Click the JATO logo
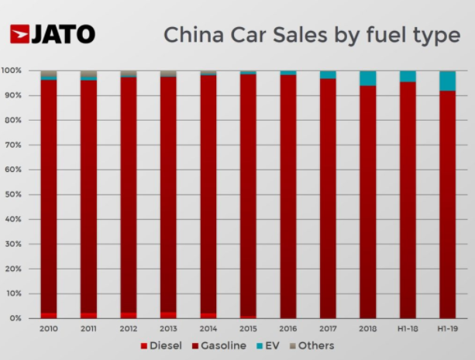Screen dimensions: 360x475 (x=53, y=34)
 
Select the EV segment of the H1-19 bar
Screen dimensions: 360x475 (x=447, y=81)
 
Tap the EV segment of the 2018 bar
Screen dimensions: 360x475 (x=367, y=78)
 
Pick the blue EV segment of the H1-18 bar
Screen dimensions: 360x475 (x=408, y=76)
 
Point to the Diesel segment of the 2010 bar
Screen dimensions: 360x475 (x=49, y=315)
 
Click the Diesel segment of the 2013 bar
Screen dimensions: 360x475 (x=168, y=314)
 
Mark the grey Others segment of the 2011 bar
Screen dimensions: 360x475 (x=88, y=74)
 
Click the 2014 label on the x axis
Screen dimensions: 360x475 (x=208, y=328)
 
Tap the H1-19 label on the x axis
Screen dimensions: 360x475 (x=447, y=328)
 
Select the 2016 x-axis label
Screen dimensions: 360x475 (x=287, y=328)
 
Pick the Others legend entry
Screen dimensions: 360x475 (x=313, y=345)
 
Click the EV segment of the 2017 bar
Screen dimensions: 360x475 (x=328, y=74)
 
